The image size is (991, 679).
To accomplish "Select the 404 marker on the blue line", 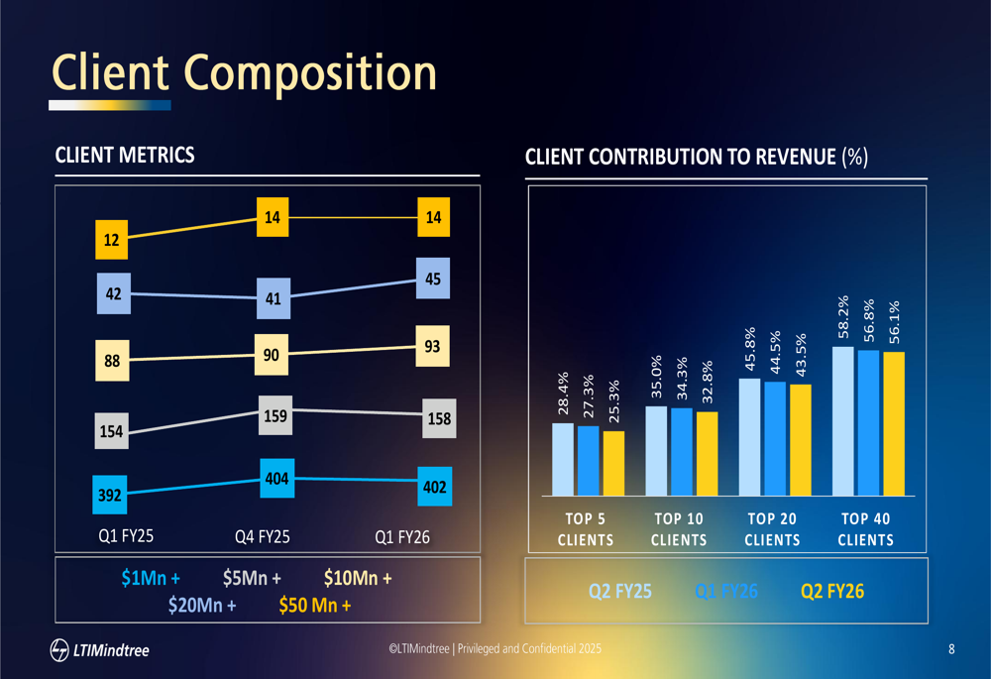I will pos(276,479).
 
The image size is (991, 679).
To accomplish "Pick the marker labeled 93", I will pos(432,348).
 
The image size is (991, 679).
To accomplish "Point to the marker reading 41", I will pos(274,297).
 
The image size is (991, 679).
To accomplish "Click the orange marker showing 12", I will pos(111,239).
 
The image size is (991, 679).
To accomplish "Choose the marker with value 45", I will pos(432,280).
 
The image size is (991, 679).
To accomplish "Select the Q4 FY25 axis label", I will pos(262,538).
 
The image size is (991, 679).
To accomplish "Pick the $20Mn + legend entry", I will pos(201,604).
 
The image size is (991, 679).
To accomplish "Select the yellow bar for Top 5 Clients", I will pos(614,463).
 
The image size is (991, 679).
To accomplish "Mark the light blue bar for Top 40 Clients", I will pos(843,420).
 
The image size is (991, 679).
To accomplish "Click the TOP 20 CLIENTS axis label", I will pos(772,529).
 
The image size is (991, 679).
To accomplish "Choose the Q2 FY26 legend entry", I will pos(832,592).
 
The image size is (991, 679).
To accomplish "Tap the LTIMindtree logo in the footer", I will pos(99,650).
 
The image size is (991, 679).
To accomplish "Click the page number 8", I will pos(951,650).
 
